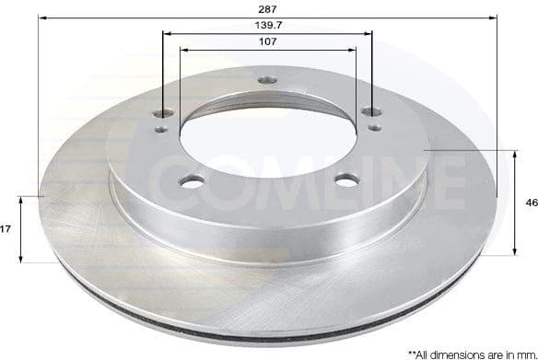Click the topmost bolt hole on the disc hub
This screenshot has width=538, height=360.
click(267, 81)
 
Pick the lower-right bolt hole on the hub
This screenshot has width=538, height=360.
click(346, 180)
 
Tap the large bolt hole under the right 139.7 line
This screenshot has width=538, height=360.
click(371, 111)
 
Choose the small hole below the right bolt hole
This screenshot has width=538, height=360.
click(374, 128)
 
